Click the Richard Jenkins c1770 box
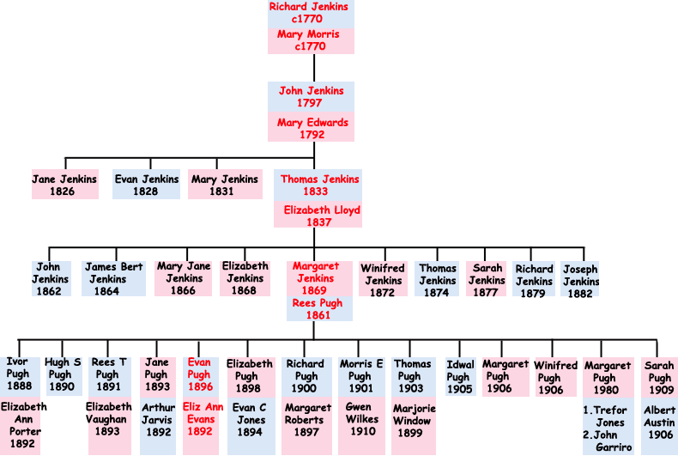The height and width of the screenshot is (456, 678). click(311, 13)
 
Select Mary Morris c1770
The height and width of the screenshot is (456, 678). click(311, 40)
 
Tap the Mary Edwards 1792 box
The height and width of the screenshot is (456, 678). click(312, 129)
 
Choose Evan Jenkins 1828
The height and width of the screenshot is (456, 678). click(147, 185)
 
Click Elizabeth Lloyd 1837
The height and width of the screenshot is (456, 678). click(322, 216)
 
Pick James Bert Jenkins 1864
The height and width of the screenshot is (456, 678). click(114, 279)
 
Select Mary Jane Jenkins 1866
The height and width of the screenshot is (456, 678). click(184, 279)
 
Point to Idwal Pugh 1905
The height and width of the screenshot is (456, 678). click(460, 376)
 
